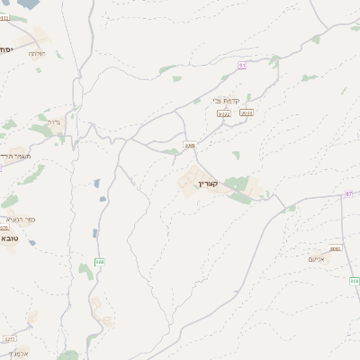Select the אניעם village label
[x=317, y=259]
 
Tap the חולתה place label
[x=36, y=54]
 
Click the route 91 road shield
[x=242, y=66]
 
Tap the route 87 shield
[x=348, y=193]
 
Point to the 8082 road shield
[x=336, y=247]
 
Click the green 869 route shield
[x=354, y=281]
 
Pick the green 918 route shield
[x=99, y=261]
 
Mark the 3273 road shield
[x=9, y=339]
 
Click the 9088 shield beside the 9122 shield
[x=247, y=112]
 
